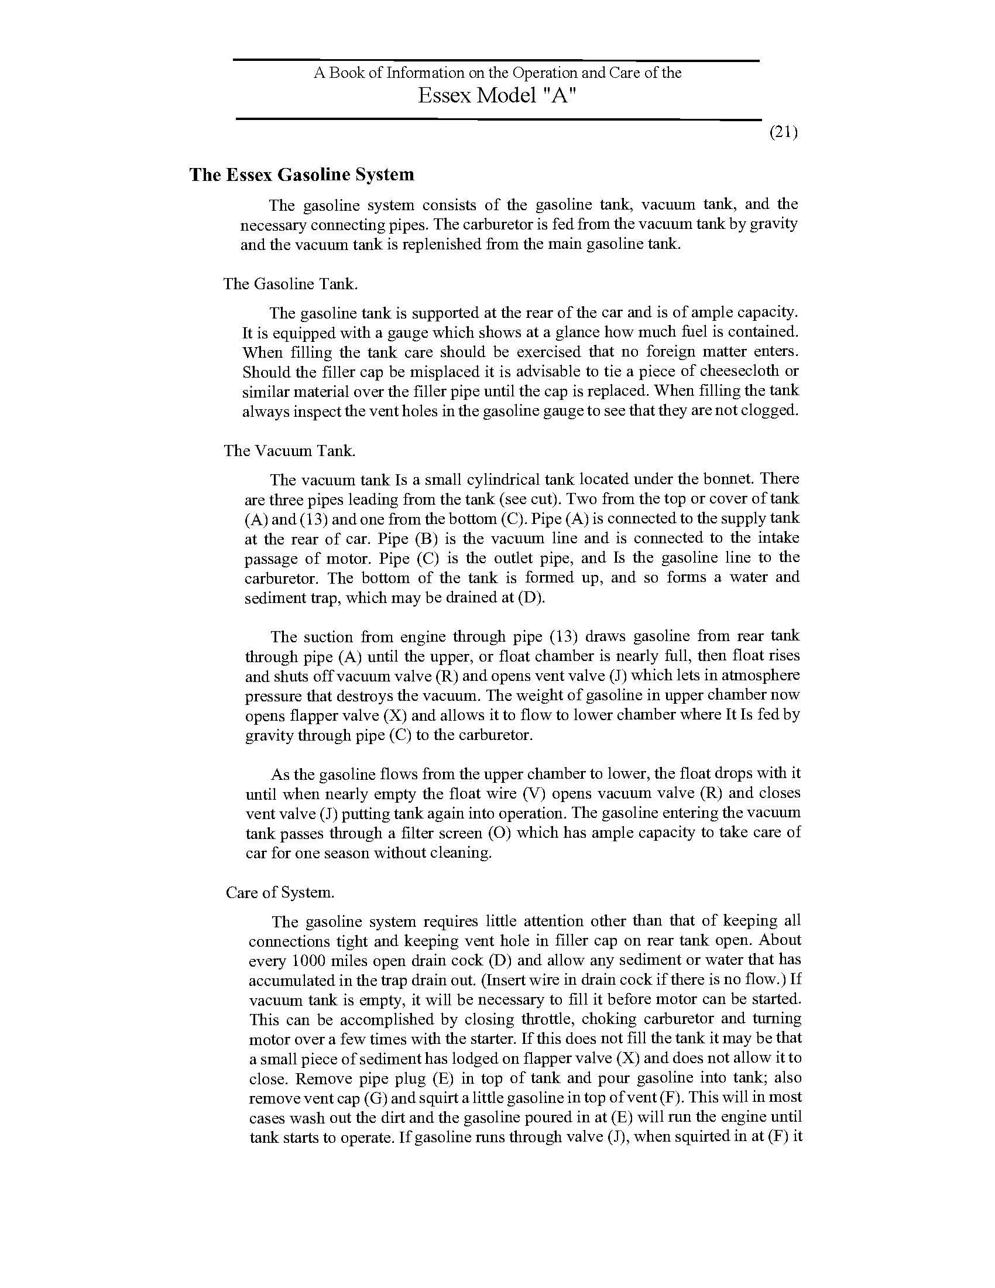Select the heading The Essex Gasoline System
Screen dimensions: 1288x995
(x=301, y=174)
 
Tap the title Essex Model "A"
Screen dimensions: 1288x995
(x=496, y=95)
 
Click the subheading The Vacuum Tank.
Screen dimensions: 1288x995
(x=289, y=451)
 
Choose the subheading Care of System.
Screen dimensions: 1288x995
(x=280, y=892)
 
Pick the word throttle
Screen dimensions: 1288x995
(x=553, y=1019)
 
